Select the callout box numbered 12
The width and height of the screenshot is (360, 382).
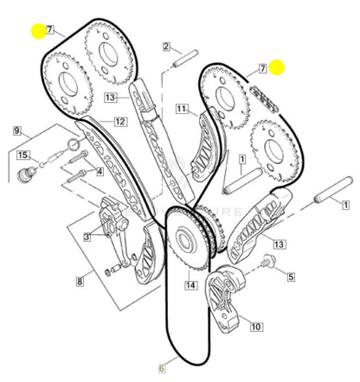(119, 122)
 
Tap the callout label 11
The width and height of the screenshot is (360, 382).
(182, 109)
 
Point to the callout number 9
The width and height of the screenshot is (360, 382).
(16, 131)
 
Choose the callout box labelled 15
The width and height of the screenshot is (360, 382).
(23, 156)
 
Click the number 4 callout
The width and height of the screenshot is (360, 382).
(100, 171)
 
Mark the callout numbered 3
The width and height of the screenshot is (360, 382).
(87, 236)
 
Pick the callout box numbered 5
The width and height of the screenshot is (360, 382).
(290, 277)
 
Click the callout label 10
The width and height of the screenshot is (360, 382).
(256, 326)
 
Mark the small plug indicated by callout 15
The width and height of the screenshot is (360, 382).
(26, 176)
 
